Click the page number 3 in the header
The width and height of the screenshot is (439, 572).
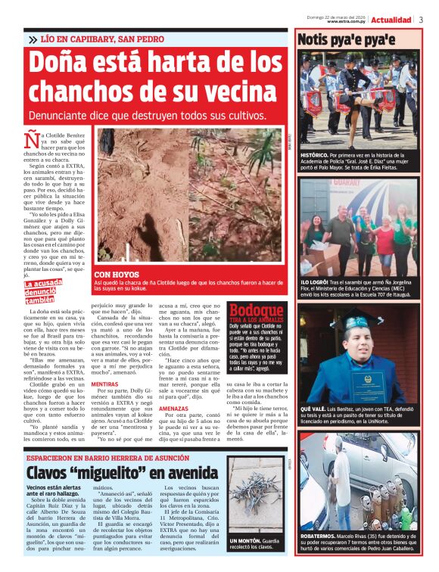click(421, 20)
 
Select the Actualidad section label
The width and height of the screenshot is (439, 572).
click(391, 20)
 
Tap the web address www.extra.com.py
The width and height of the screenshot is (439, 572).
click(347, 22)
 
